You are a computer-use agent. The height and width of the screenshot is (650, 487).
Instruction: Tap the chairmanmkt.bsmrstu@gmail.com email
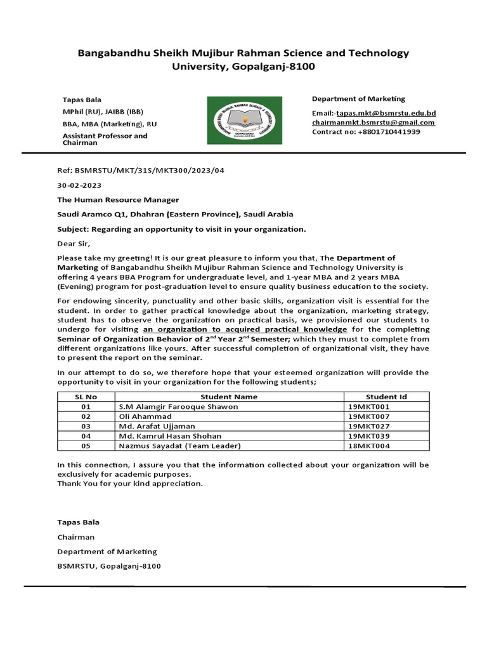373,123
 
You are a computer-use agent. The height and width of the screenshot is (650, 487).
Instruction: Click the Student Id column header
386,397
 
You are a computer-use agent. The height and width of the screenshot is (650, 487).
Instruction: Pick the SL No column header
86,397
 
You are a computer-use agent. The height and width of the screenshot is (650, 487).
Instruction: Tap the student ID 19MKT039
368,436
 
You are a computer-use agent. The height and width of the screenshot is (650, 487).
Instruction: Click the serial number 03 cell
86,427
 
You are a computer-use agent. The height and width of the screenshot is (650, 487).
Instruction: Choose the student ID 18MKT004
368,446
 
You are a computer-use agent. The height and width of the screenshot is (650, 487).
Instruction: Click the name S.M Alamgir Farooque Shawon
178,406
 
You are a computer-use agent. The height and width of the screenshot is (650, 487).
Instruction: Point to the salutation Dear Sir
74,243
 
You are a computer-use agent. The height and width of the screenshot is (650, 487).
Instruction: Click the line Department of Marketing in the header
358,99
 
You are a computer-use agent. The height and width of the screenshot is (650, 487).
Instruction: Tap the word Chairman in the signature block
75,537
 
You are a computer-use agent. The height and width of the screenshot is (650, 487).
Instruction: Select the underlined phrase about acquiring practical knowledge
245,330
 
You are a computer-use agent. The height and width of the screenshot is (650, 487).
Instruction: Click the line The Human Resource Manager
118,200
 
